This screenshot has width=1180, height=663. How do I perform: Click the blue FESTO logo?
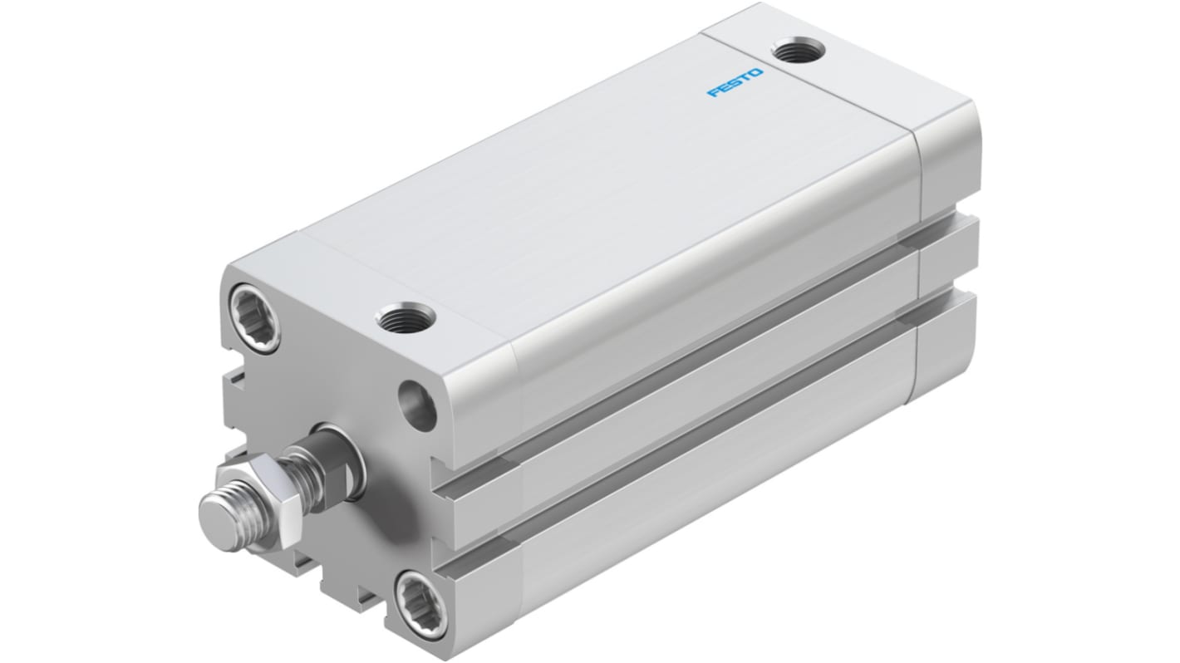click(x=734, y=83)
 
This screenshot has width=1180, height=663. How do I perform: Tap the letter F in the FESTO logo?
click(x=712, y=93)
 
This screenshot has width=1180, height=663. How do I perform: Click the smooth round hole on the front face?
click(x=417, y=405)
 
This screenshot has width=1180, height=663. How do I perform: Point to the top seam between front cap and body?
click(x=407, y=276)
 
